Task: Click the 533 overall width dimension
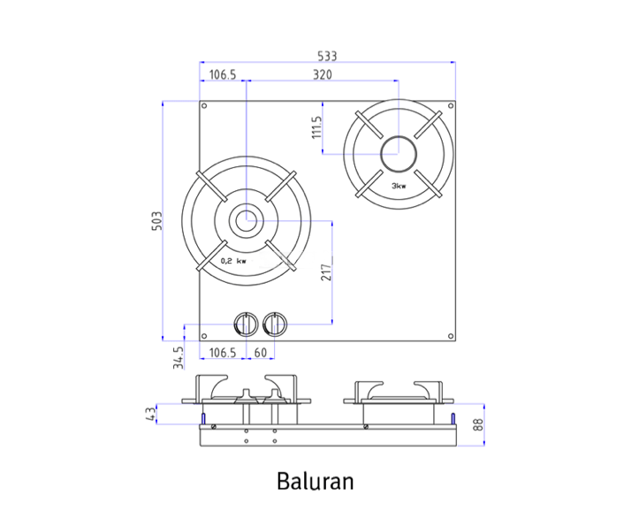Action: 327,56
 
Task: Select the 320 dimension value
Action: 323,74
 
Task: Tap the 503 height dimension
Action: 156,221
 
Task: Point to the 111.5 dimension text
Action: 316,127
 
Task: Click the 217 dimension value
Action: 326,272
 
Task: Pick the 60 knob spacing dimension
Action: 261,353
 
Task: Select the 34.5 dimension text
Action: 179,357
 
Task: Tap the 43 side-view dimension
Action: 150,414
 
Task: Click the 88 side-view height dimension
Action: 478,424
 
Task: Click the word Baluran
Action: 315,481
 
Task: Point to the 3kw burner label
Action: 399,186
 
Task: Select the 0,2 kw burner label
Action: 233,261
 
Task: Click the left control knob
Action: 246,325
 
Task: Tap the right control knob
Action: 275,325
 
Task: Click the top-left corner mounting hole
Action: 204,106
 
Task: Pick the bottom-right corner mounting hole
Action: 451,336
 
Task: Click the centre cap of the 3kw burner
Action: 399,154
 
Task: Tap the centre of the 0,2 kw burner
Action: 246,221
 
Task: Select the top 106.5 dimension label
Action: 223,74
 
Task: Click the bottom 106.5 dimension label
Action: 223,353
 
